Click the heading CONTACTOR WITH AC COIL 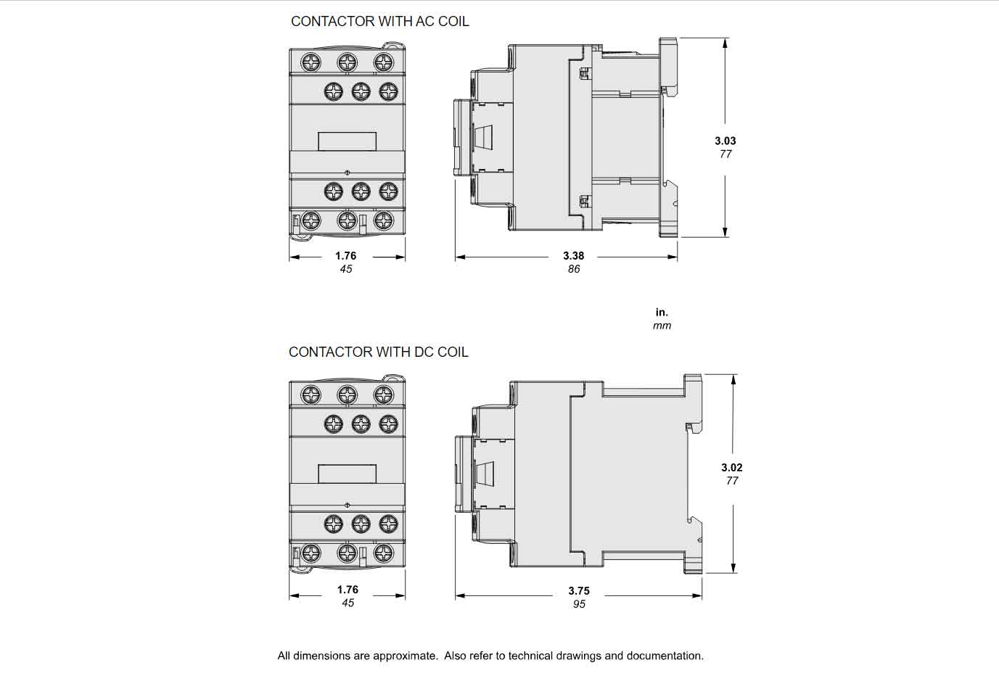point(379,22)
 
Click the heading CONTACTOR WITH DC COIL point(378,352)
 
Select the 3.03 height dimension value point(725,141)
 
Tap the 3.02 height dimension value point(731,468)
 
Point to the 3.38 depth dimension point(573,255)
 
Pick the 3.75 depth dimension point(578,590)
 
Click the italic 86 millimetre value point(573,269)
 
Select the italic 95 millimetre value point(578,604)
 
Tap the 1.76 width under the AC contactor point(345,255)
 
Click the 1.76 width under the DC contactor point(347,590)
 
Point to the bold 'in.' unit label point(662,313)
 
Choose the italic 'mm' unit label point(662,326)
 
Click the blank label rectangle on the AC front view point(347,142)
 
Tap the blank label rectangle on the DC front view point(347,474)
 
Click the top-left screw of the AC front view point(311,62)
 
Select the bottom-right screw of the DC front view point(384,553)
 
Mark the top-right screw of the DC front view point(384,395)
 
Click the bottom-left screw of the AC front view point(311,220)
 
